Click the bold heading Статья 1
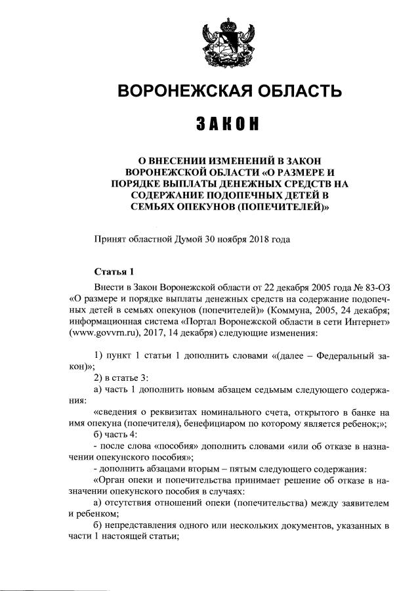coord(114,271)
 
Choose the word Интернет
coord(367,322)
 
